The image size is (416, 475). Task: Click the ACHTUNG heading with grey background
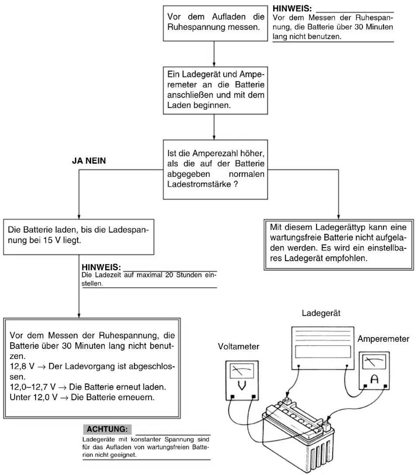click(107, 429)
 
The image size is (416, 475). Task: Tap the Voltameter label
click(239, 346)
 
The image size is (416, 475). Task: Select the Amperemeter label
click(383, 339)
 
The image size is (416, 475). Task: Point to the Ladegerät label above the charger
click(321, 313)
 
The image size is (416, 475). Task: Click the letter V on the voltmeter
click(242, 386)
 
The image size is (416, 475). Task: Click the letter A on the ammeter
click(374, 379)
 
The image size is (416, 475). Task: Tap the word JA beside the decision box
click(77, 161)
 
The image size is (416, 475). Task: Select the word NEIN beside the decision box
click(95, 161)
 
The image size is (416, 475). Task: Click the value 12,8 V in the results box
click(22, 366)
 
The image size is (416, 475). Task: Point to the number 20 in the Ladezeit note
click(169, 275)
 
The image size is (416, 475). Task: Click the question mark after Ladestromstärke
click(236, 184)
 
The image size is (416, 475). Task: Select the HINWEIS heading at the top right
click(292, 9)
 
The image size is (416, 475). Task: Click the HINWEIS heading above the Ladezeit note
click(101, 267)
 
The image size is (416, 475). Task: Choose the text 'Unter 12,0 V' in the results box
click(33, 397)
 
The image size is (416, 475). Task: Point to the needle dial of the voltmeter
click(242, 371)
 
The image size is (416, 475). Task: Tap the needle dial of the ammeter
click(374, 362)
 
